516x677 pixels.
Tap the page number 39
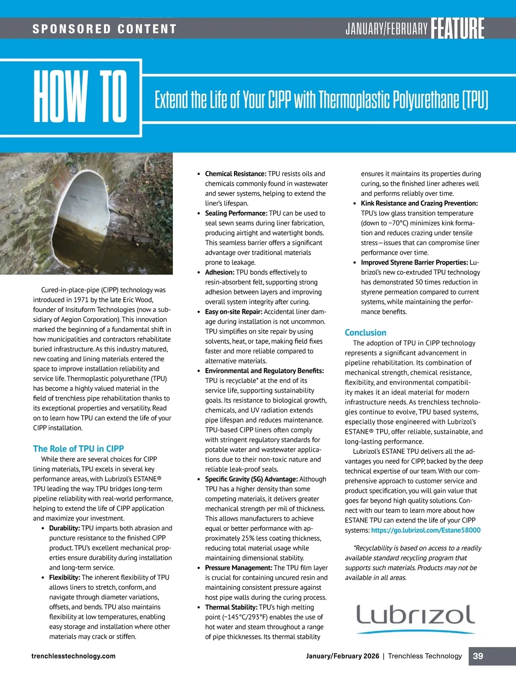click(x=478, y=656)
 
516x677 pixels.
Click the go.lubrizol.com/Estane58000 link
click(x=426, y=530)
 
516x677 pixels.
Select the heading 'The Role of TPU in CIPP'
click(x=78, y=449)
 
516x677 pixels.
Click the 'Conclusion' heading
click(x=365, y=332)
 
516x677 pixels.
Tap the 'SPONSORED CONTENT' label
click(x=104, y=29)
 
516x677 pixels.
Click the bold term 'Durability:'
click(x=64, y=528)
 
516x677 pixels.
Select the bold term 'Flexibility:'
click(x=64, y=577)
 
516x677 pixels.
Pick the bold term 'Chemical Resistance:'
click(x=236, y=174)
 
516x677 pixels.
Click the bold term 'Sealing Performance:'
click(x=236, y=213)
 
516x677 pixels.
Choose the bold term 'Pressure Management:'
click(x=238, y=567)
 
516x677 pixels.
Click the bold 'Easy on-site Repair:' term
click(x=233, y=312)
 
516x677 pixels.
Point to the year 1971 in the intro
click(x=81, y=300)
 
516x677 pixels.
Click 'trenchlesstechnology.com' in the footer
click(x=74, y=656)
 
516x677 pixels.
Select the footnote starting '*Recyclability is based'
click(x=413, y=563)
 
